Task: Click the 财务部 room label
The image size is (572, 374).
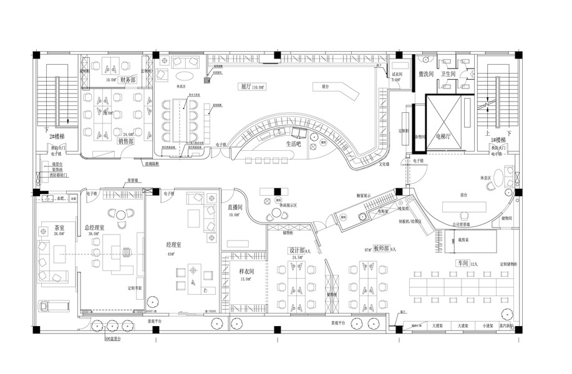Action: click(x=128, y=80)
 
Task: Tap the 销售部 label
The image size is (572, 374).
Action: click(x=126, y=141)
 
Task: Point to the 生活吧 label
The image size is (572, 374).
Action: click(x=294, y=144)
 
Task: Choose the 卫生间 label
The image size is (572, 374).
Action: click(x=450, y=74)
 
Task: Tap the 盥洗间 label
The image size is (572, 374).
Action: click(x=427, y=74)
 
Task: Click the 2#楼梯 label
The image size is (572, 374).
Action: click(x=59, y=135)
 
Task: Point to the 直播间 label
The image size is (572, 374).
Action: click(x=235, y=206)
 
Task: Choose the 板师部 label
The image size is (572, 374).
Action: click(x=381, y=248)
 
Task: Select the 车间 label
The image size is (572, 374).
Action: click(x=462, y=264)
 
